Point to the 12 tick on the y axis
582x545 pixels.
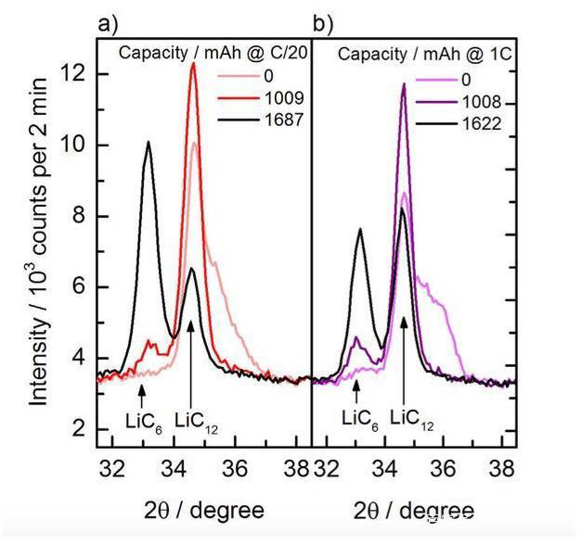point(79,73)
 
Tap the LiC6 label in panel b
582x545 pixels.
point(359,418)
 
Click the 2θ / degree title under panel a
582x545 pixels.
point(203,510)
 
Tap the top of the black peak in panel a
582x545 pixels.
point(148,142)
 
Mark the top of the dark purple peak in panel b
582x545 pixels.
point(404,84)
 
